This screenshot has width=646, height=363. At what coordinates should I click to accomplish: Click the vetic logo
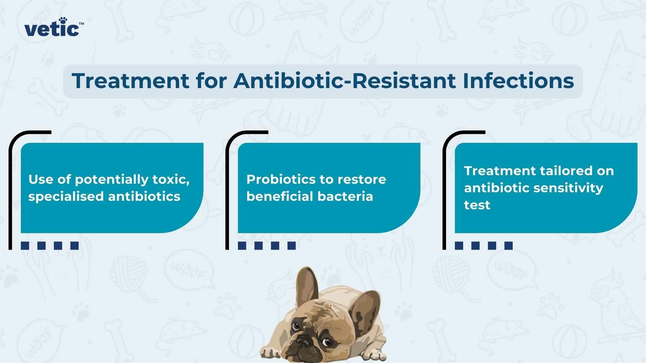[x=54, y=27]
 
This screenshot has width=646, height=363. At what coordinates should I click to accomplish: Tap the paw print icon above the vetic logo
[x=63, y=20]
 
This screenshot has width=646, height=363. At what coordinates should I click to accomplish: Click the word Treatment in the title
[x=131, y=81]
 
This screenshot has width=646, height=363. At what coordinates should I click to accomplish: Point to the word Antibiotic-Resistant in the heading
[x=345, y=81]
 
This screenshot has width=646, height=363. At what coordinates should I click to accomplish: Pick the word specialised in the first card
[x=66, y=197]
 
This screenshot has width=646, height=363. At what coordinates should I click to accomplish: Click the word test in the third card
[x=477, y=205]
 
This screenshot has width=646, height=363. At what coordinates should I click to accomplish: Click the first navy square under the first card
[x=25, y=246]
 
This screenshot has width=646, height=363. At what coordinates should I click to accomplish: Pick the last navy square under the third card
[x=509, y=246]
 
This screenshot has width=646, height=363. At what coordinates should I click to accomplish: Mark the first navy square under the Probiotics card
[x=242, y=246]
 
